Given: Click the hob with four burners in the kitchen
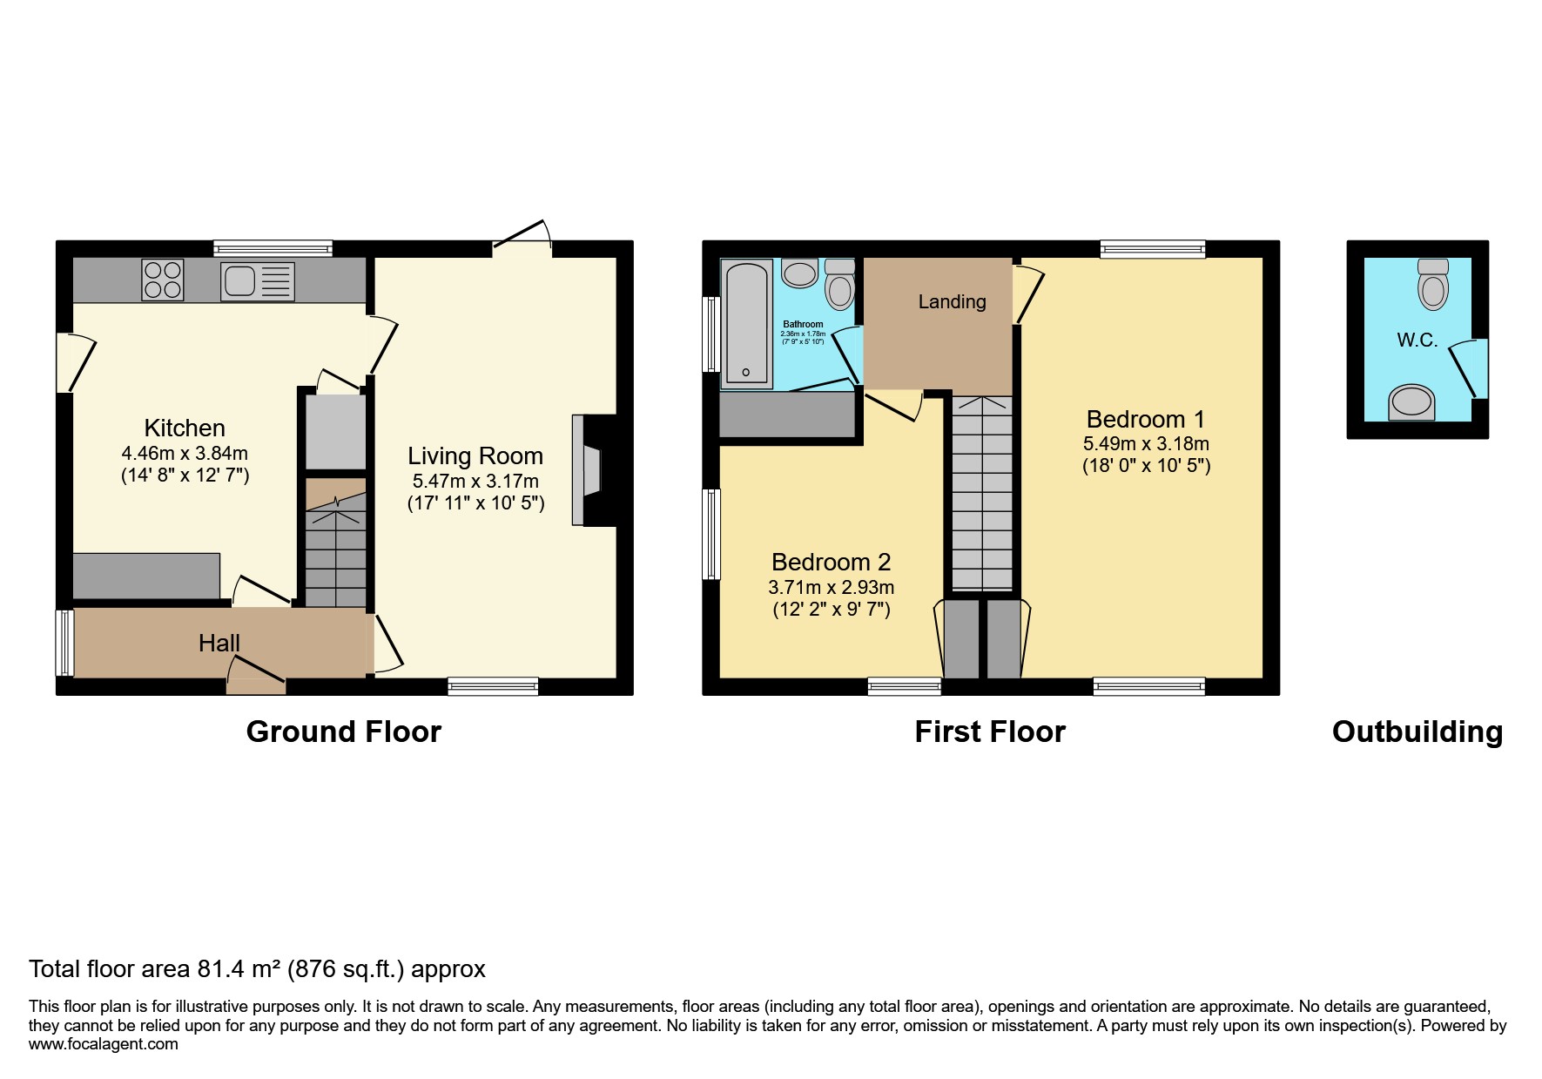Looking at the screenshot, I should coord(163,280).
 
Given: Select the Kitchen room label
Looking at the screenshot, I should coord(185,428).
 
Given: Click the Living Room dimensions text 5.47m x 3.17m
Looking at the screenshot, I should coord(475,481).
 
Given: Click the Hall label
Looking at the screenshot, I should coord(219,643).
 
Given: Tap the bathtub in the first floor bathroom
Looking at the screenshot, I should coord(747,323).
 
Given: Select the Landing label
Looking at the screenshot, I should coord(952,301).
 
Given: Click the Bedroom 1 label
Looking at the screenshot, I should coord(1145,419).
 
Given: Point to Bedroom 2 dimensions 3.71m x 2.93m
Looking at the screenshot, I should coord(831,587).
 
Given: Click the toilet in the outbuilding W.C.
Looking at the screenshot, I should coord(1433,284).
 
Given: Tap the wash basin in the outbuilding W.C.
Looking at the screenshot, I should coord(1411,402).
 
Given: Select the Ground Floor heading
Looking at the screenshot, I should coord(343,732).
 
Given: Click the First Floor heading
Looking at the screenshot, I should coord(989,732).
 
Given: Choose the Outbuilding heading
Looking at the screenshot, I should coord(1417,732).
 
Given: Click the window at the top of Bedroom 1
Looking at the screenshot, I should coord(1152,249).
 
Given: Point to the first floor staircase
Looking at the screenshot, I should coord(982,492).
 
